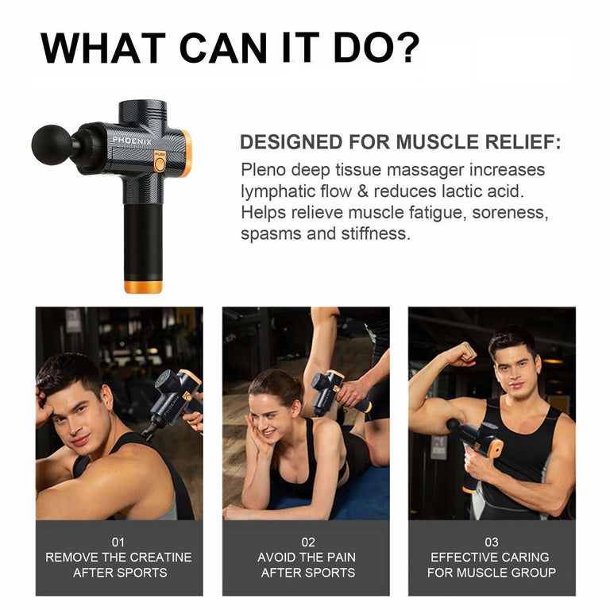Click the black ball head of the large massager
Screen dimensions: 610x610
52,145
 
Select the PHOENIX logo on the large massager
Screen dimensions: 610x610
133,141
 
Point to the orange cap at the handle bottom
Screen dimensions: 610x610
143,287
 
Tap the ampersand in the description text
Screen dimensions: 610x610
363,191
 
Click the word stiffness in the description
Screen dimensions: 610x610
376,234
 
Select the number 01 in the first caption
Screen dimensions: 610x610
118,542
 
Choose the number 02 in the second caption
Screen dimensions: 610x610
307,542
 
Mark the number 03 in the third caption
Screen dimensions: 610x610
492,542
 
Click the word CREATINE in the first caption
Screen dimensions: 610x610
160,557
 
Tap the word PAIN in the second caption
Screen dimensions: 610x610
341,557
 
